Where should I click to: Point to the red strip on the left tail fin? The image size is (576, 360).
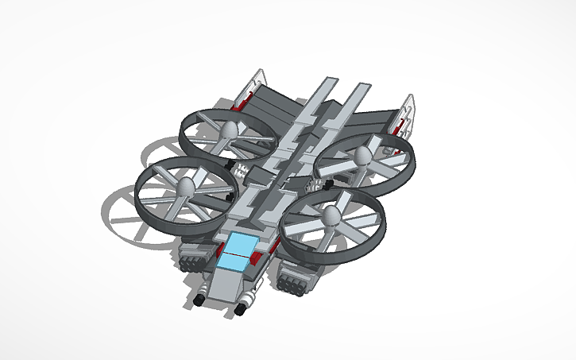[242, 101]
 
